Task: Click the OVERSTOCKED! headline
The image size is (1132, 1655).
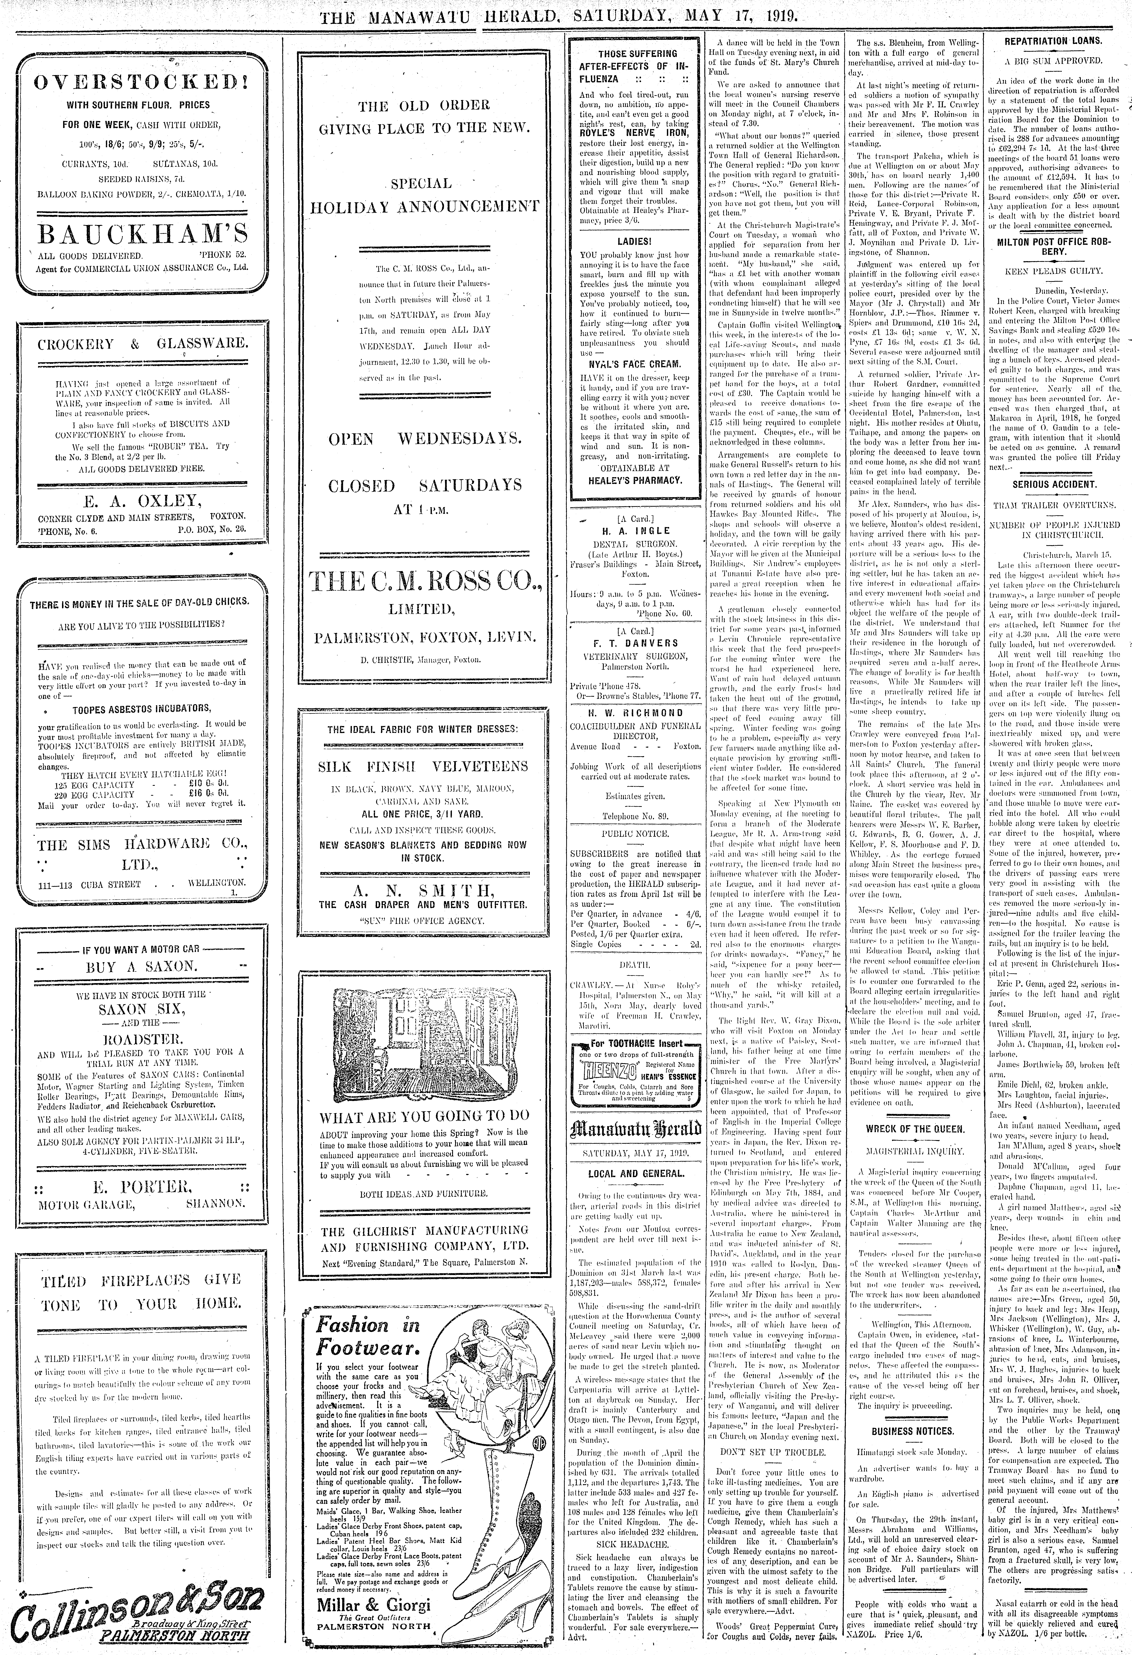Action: [x=140, y=81]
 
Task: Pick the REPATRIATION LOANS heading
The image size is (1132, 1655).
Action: [x=1053, y=41]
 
